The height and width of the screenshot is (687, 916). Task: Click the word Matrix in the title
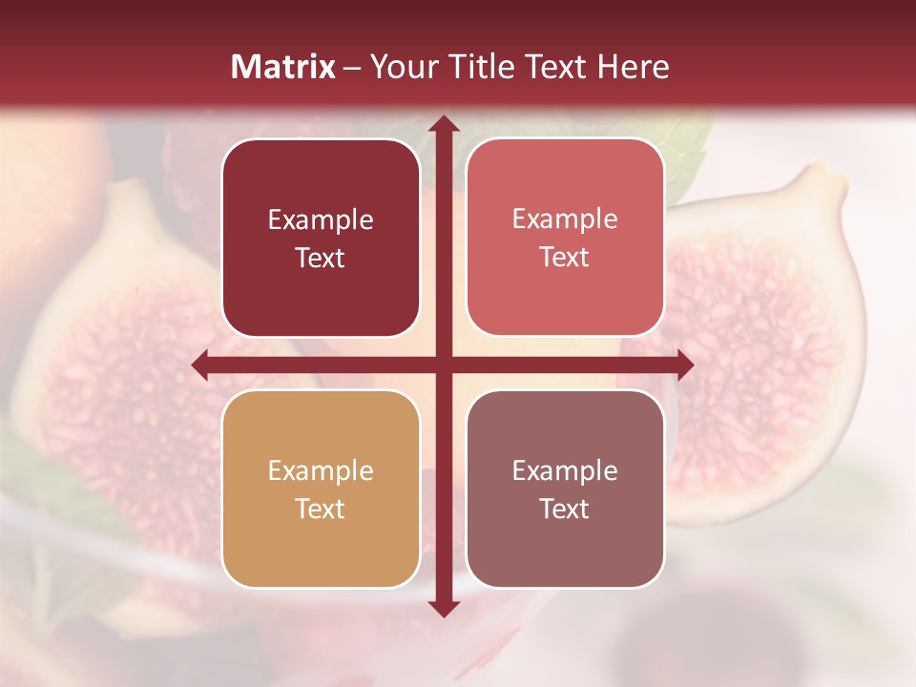tap(283, 67)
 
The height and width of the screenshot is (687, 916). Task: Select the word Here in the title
tap(633, 67)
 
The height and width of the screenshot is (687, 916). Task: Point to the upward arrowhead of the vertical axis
tap(443, 124)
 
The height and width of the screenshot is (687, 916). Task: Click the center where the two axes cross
tap(443, 364)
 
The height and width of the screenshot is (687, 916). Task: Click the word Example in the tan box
tap(321, 471)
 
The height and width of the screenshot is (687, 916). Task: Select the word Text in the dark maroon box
tap(321, 258)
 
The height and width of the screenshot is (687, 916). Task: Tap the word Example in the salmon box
tap(565, 219)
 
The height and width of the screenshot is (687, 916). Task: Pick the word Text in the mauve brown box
tap(565, 510)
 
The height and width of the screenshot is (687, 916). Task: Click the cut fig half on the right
tap(763, 353)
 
